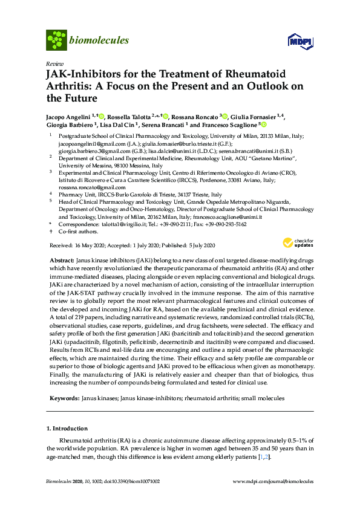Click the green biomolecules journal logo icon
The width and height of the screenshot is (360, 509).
pos(56,40)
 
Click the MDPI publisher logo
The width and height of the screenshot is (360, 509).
pos(299,41)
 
